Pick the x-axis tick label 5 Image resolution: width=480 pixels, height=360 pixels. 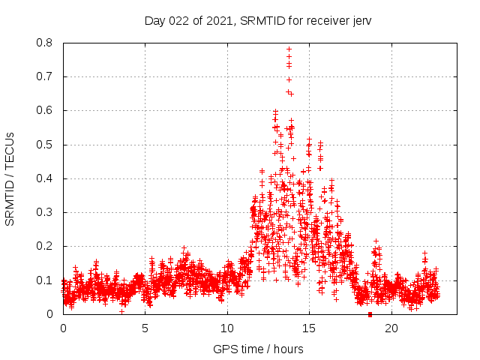[145, 328]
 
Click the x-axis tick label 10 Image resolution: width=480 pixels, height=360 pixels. [227, 328]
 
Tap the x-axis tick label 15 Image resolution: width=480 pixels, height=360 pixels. [309, 328]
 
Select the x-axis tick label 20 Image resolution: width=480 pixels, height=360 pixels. [391, 328]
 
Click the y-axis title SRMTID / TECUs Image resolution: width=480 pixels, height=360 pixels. [10, 178]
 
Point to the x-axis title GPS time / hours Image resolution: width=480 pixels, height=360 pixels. [258, 349]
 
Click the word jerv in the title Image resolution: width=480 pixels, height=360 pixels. [360, 20]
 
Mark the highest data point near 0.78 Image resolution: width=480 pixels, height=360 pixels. [289, 49]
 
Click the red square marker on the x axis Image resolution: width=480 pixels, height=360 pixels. [370, 314]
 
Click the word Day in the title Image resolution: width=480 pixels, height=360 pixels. [154, 20]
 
